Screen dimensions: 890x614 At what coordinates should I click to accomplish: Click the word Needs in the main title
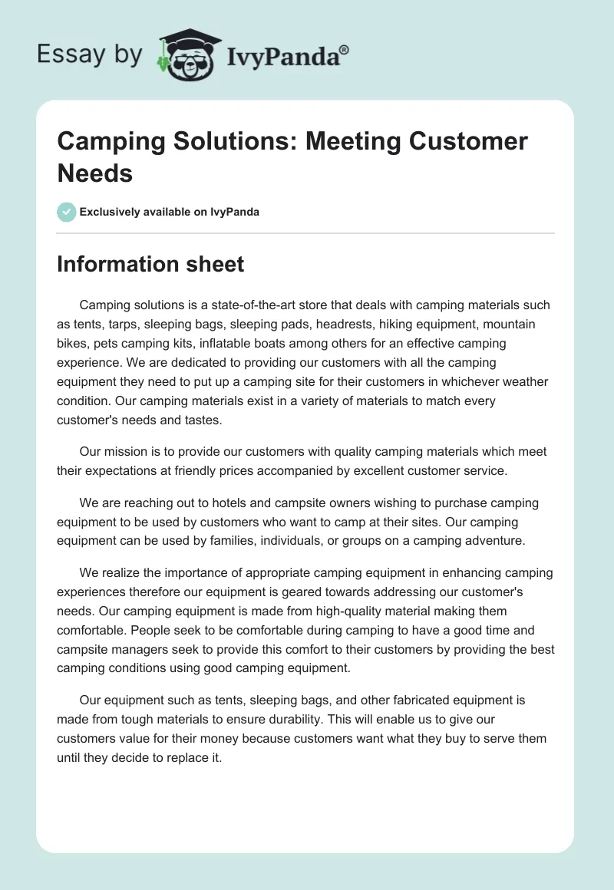[x=95, y=173]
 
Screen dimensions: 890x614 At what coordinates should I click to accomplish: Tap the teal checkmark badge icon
[x=67, y=212]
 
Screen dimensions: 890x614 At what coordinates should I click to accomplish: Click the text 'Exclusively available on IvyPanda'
[x=169, y=212]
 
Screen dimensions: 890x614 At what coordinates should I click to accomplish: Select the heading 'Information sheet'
[x=150, y=265]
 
